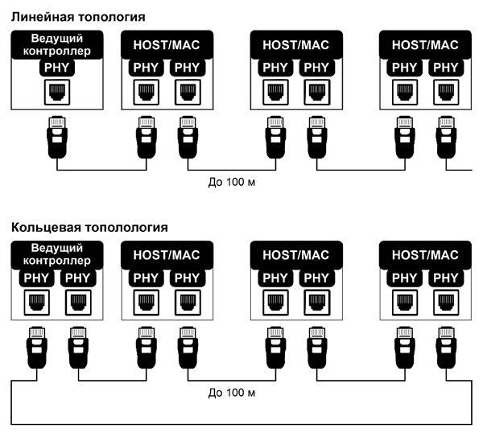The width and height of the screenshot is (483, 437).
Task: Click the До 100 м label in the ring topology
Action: [231, 393]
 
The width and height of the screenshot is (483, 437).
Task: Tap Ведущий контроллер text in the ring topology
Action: [55, 257]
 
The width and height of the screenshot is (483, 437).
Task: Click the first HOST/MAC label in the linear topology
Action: [167, 46]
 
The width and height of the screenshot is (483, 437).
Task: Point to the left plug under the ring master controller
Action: [35, 348]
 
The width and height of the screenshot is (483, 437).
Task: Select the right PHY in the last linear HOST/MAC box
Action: [445, 68]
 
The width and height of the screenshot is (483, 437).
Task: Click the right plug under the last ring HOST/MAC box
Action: [445, 348]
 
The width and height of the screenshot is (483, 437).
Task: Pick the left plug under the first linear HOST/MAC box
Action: [146, 138]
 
